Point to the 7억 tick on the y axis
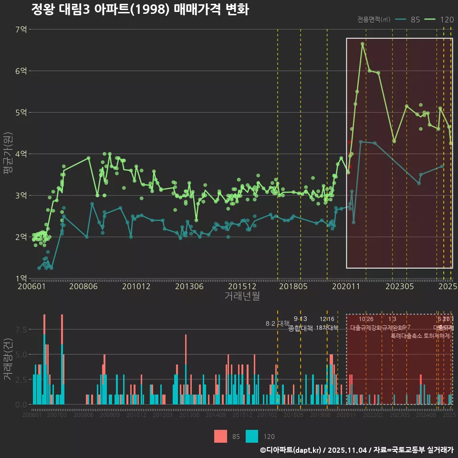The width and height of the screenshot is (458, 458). [21, 30]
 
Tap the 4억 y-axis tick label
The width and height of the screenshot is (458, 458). [21, 154]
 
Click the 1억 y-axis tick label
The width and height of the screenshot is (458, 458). [21, 279]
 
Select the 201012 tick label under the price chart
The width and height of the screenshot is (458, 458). [136, 287]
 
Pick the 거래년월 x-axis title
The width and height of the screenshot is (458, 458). [242, 296]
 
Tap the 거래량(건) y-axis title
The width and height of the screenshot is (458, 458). [8, 359]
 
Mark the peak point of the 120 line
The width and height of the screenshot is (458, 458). [363, 44]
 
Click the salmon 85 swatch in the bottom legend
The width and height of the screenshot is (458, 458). [221, 436]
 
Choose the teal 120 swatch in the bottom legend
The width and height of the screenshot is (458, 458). [252, 436]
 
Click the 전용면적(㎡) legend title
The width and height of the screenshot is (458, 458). [374, 20]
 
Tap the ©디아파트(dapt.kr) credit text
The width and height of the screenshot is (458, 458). [291, 450]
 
